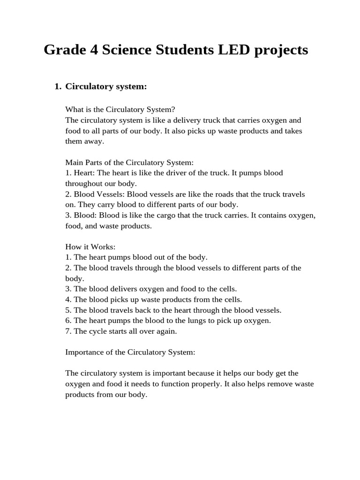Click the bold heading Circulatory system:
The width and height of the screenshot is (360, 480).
click(106, 86)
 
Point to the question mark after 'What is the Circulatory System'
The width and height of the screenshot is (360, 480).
click(173, 110)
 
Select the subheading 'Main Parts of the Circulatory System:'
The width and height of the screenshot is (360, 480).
click(129, 162)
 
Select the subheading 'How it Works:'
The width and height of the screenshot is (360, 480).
click(90, 247)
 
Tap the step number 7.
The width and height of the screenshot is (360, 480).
click(68, 331)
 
